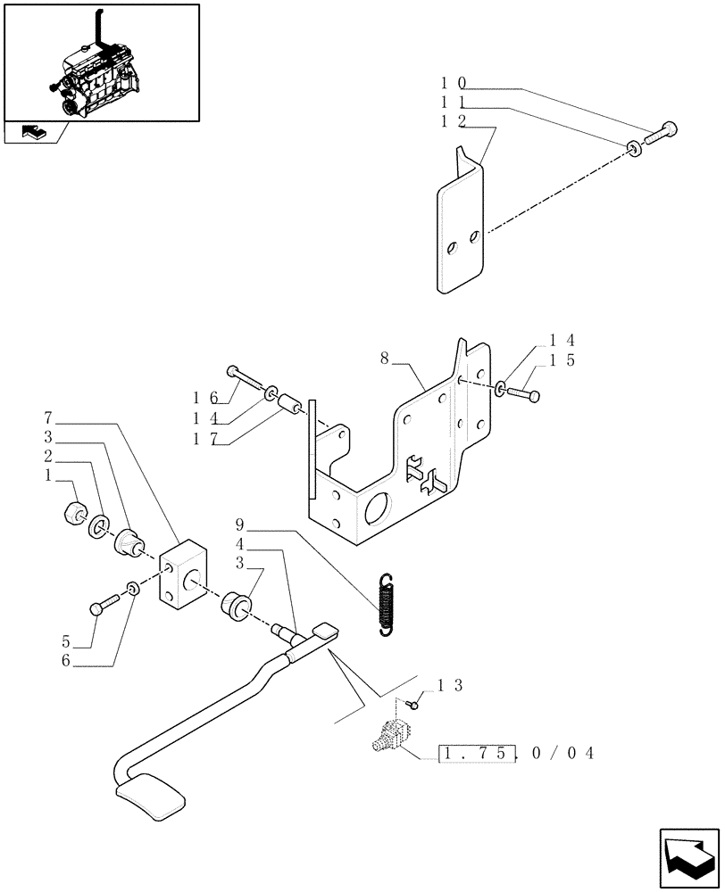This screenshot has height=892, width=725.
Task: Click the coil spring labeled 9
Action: click(386, 605)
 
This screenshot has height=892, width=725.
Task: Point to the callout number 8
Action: click(384, 358)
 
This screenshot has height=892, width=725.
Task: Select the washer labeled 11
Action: click(634, 148)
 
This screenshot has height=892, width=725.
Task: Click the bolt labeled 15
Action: click(526, 392)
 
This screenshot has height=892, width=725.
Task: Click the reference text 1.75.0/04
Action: click(516, 754)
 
